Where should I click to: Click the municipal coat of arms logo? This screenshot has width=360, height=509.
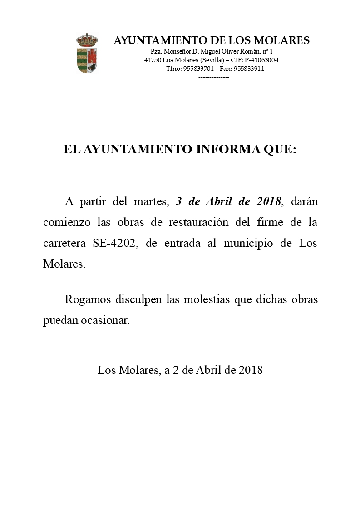point(88,53)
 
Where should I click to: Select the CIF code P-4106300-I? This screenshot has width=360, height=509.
point(261,60)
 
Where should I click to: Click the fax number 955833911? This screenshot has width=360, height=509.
point(249,69)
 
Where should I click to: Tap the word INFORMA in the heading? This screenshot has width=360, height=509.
point(221,150)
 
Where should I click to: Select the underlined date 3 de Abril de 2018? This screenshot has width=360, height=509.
point(228,201)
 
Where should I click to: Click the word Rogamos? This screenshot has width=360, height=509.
point(87,299)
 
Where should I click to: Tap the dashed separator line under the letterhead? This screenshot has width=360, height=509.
point(214,77)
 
